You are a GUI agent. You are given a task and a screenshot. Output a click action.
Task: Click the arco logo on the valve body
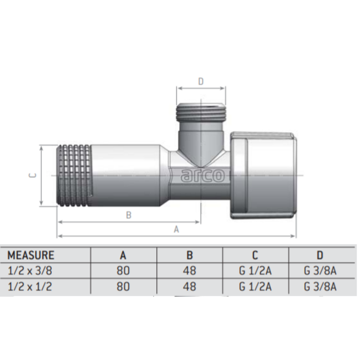[x=203, y=176]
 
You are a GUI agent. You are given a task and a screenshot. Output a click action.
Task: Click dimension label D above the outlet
[x=201, y=81]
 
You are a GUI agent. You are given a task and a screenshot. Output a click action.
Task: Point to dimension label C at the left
[x=33, y=175]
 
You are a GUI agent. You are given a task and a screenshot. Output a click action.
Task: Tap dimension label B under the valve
[x=129, y=215]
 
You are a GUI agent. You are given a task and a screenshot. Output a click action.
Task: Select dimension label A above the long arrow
[x=176, y=229]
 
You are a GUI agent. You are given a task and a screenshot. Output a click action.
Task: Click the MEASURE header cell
[x=31, y=255]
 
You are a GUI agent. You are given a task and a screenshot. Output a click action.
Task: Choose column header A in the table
[x=123, y=255]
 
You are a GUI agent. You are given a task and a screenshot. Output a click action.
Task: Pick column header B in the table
[x=190, y=255]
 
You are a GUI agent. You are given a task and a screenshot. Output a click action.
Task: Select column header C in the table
[x=255, y=255]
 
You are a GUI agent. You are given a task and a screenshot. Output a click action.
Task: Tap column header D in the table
[x=320, y=255]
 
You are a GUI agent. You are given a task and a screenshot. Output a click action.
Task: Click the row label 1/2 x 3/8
[x=30, y=271]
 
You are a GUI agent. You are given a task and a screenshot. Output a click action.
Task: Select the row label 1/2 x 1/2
[x=30, y=286]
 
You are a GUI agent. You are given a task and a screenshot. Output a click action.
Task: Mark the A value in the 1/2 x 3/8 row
[x=123, y=271]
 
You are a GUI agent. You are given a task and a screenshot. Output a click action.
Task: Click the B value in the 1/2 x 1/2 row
[x=190, y=286]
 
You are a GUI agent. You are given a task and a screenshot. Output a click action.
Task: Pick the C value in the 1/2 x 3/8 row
[x=255, y=271]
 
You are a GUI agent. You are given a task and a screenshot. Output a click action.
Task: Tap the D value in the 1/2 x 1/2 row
[x=320, y=286]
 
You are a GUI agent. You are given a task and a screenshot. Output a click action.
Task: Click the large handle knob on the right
[x=263, y=175]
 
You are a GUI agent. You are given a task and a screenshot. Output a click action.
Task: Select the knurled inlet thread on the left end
[x=74, y=175]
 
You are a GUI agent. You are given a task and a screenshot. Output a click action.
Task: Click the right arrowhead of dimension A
[x=293, y=236]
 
